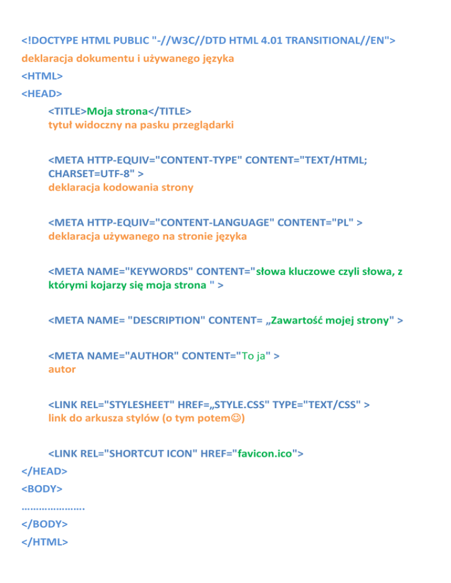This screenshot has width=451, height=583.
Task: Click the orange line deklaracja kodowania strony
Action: (x=120, y=188)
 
